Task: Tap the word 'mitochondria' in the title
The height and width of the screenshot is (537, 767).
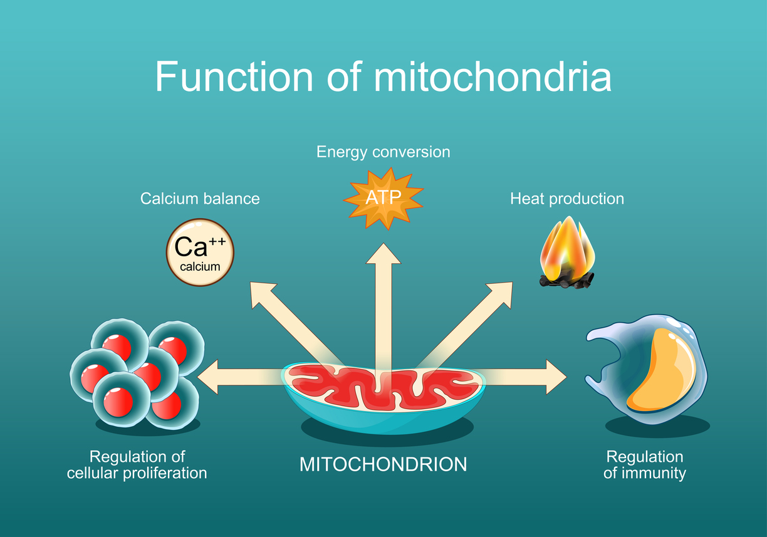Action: [x=492, y=77]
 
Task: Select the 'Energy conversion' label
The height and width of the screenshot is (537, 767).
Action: [x=383, y=152]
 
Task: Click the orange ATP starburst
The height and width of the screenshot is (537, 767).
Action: [x=383, y=198]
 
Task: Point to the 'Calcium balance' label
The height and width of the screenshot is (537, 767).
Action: [x=199, y=199]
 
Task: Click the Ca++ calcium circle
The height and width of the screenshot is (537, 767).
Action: [x=200, y=252]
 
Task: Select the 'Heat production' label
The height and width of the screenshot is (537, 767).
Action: [x=566, y=199]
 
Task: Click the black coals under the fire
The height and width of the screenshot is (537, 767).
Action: [x=566, y=281]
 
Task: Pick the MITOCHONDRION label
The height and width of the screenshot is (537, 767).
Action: [x=383, y=464]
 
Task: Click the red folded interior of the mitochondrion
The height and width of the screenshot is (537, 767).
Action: [x=382, y=385]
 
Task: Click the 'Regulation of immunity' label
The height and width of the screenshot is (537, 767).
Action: [x=644, y=464]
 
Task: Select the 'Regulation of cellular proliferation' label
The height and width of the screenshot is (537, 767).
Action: [x=137, y=464]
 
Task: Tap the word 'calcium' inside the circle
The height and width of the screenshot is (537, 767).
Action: [x=200, y=266]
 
